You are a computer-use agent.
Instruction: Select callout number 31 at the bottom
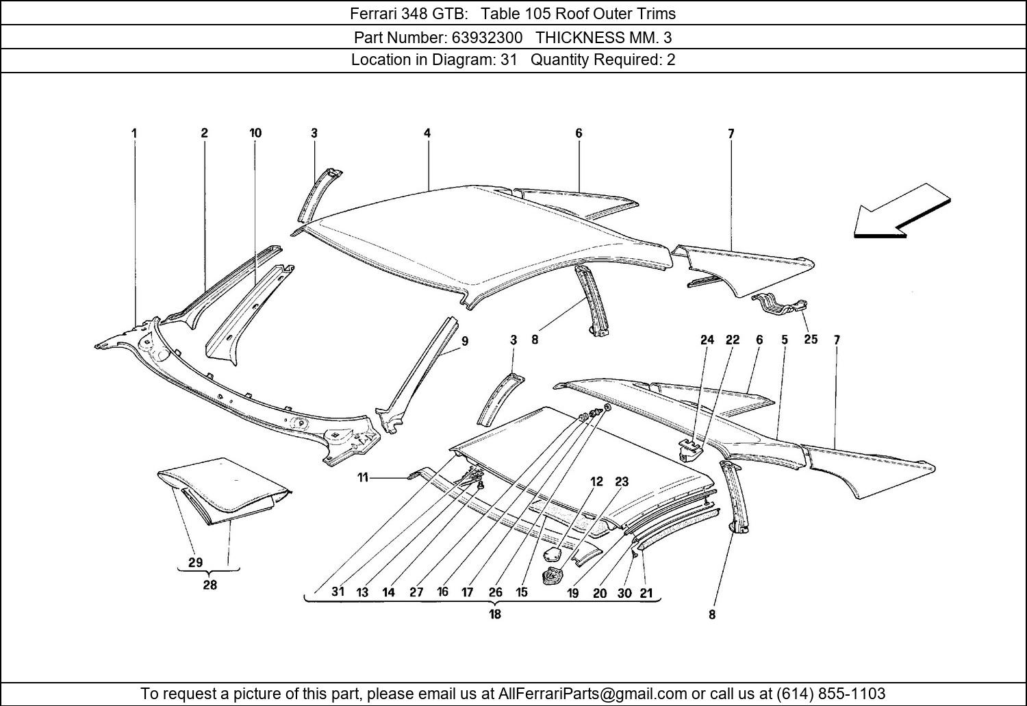[338, 591]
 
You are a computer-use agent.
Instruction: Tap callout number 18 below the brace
[494, 614]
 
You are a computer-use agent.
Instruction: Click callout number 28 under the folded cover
[210, 585]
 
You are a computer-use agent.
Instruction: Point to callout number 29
[195, 563]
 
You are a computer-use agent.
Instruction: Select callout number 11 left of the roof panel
[363, 477]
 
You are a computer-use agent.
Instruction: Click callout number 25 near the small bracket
[811, 339]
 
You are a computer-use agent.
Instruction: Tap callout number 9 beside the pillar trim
[465, 341]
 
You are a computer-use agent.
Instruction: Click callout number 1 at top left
[134, 133]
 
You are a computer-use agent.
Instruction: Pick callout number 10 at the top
[255, 133]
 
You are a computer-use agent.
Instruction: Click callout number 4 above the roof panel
[427, 133]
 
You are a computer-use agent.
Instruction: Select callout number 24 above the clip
[707, 340]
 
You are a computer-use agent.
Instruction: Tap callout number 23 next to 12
[621, 481]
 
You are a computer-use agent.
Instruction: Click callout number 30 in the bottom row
[624, 593]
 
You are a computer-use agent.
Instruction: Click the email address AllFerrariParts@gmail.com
[593, 694]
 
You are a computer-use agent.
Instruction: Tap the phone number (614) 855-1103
[831, 694]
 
